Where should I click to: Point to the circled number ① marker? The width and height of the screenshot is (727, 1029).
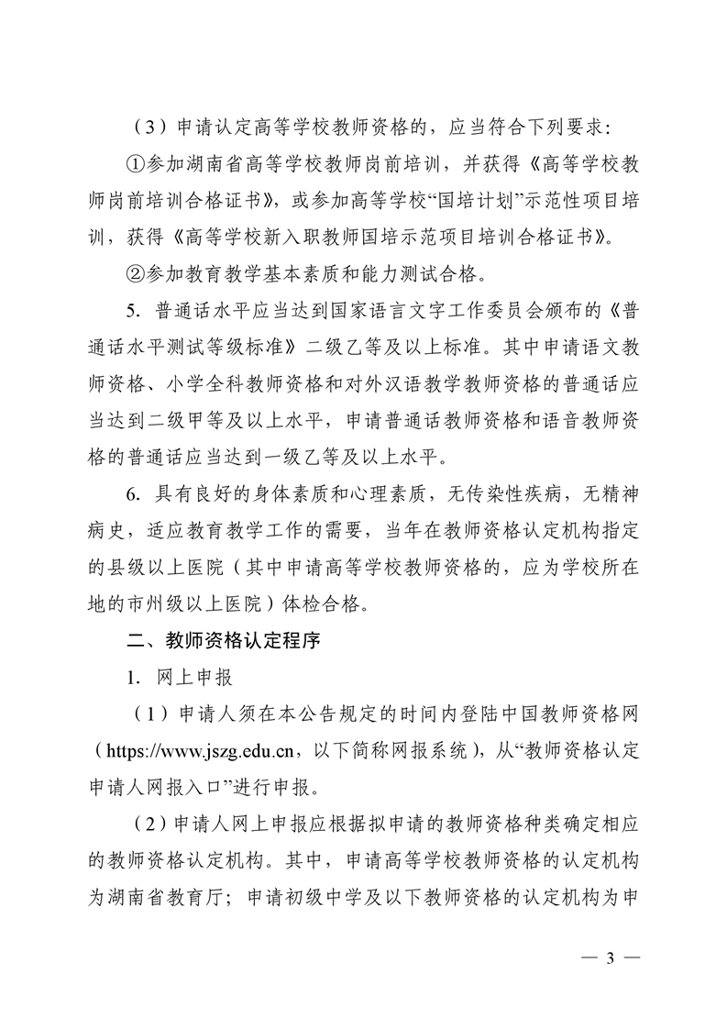pyautogui.click(x=136, y=165)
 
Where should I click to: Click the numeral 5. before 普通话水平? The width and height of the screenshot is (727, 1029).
pyautogui.click(x=137, y=312)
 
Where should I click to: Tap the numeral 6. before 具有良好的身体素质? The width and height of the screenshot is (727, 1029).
pyautogui.click(x=137, y=495)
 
